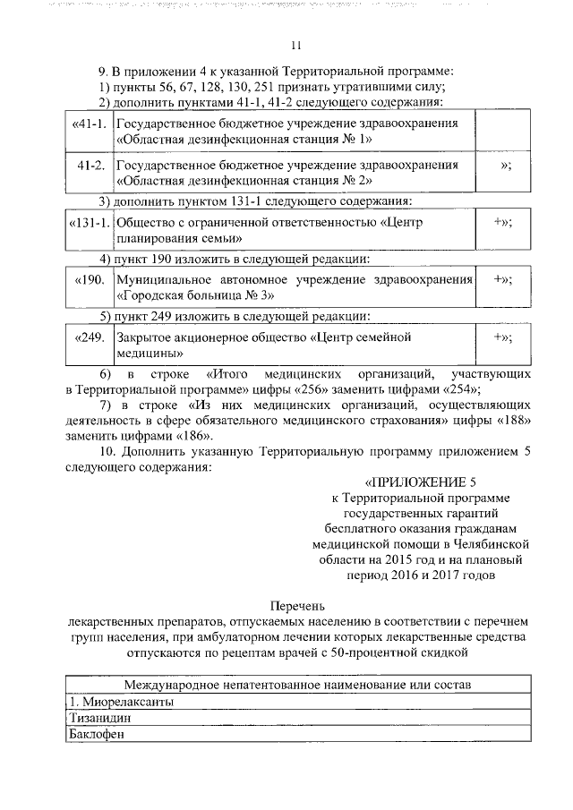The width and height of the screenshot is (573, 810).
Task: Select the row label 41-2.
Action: click(92, 166)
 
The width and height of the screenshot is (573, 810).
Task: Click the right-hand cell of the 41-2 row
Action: click(506, 166)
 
